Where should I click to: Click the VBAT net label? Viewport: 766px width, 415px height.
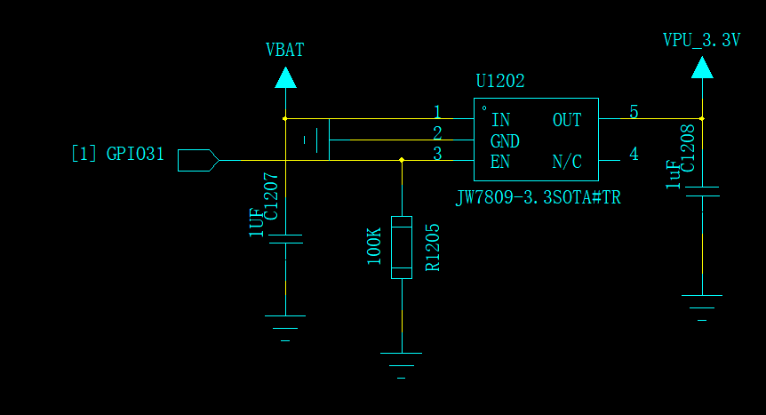coord(285,50)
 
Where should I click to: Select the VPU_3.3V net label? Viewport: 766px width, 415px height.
coord(701,40)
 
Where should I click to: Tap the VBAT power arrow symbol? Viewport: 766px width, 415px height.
coord(285,77)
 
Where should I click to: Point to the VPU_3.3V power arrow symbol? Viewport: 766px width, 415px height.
coord(702,68)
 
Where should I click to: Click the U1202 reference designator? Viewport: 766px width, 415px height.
coord(500,81)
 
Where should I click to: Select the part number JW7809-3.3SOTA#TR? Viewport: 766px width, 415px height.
coord(538,197)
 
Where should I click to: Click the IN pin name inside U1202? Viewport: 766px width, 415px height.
coord(500,120)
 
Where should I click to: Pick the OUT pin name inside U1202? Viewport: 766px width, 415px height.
coord(567,120)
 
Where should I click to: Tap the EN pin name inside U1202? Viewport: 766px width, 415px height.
coord(500,162)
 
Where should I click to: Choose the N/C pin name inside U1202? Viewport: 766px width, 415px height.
coord(567,162)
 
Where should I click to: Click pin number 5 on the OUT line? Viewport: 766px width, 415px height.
coord(634,113)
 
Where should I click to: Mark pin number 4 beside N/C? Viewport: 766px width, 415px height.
coord(634,154)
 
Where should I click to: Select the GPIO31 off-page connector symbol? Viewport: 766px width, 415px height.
coord(198,160)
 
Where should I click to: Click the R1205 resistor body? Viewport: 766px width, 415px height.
coord(402,247)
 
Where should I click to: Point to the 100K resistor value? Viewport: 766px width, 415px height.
coord(374,246)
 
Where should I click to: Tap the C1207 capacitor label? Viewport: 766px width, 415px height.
coord(271,196)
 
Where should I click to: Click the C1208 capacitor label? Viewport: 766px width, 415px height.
coord(687,148)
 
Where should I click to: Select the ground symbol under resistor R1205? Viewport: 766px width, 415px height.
coord(401,365)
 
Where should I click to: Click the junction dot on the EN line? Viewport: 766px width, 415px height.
coord(402,160)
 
